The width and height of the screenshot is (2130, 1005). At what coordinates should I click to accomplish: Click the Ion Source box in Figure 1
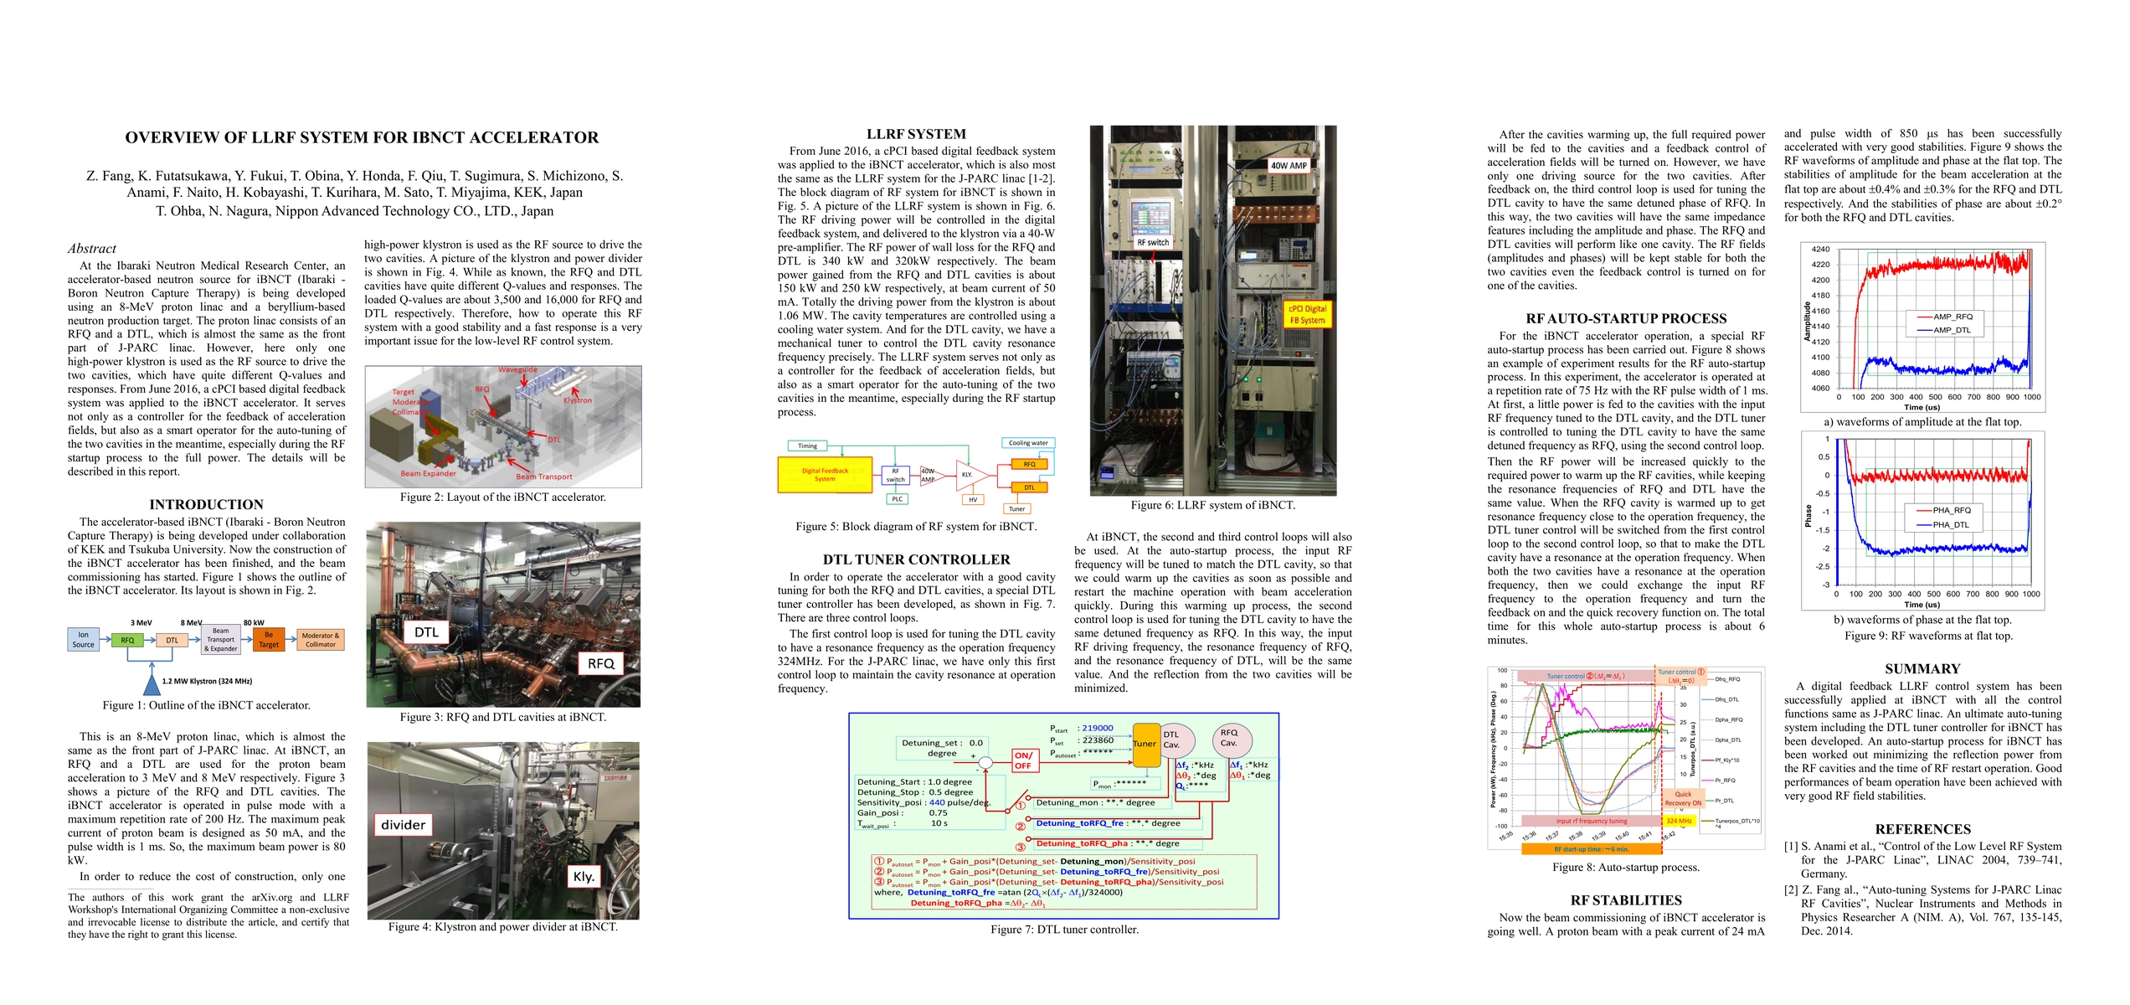[x=83, y=640]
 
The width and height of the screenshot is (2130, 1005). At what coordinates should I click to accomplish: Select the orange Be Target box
[x=268, y=640]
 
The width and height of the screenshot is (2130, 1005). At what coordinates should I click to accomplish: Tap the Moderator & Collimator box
[x=321, y=640]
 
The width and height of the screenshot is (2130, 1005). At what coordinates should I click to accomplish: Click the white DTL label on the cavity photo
[x=426, y=632]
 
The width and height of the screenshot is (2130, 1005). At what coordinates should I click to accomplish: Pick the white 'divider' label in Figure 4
[x=403, y=825]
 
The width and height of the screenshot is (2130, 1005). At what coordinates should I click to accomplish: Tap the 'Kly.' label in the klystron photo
[x=584, y=877]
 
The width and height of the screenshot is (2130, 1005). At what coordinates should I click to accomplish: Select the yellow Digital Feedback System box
[x=825, y=475]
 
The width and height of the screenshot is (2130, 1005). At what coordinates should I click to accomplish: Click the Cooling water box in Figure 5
[x=1027, y=443]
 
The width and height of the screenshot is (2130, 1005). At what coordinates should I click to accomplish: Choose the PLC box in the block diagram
[x=897, y=499]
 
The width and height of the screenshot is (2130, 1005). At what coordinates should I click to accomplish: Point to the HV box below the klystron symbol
[x=973, y=500]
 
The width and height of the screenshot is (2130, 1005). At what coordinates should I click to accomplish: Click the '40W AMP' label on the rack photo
[x=1289, y=166]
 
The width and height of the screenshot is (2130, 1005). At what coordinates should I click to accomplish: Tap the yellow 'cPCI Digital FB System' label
[x=1307, y=315]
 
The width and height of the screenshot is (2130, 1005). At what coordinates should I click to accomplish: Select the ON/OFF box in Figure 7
[x=1023, y=760]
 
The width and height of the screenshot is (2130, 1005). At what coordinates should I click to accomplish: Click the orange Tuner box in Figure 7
[x=1145, y=744]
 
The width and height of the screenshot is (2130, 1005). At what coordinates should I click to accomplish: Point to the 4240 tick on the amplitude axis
[x=1820, y=250]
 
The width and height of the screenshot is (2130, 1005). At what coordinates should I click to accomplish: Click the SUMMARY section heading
[x=1922, y=669]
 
